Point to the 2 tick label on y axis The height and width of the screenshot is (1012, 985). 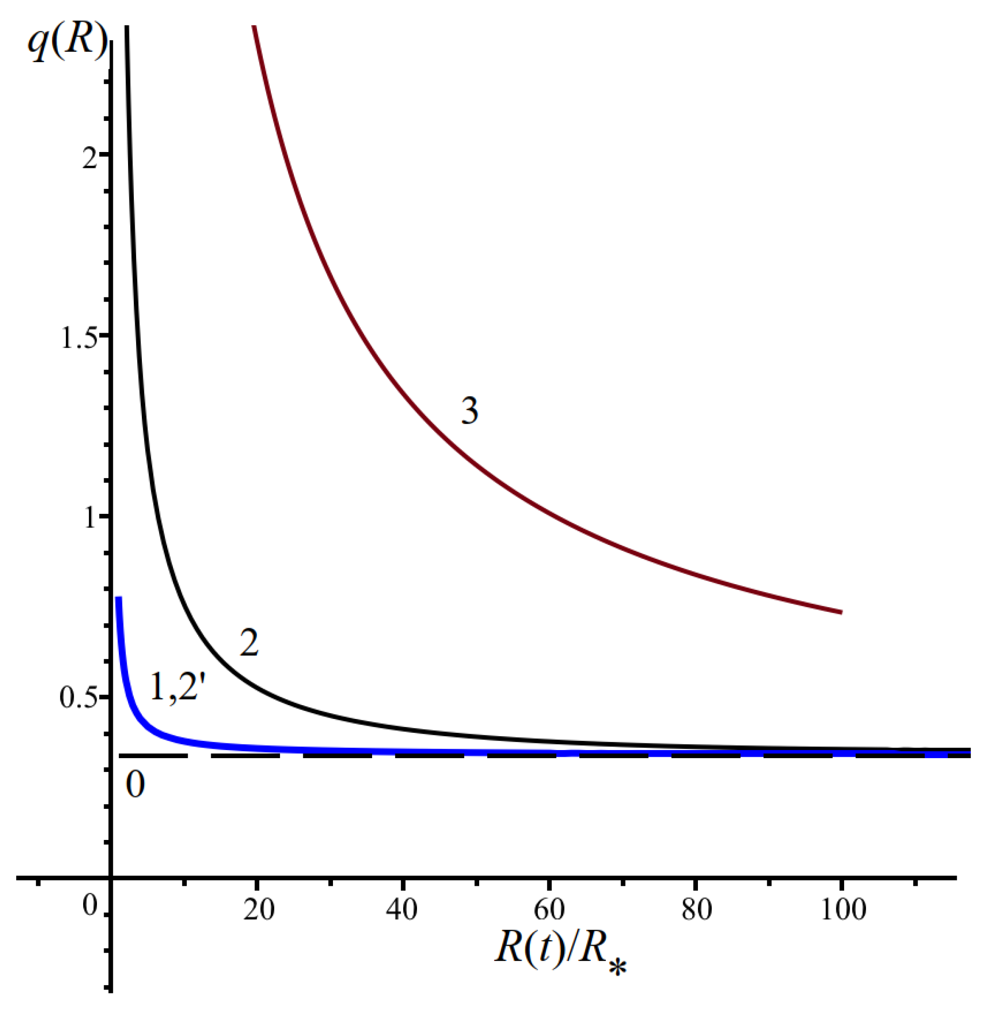[89, 157]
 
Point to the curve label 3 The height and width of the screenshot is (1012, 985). [469, 411]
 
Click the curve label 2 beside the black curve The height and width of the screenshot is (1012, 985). [249, 643]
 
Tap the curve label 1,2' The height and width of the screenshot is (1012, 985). [174, 688]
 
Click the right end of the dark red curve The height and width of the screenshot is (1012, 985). [841, 612]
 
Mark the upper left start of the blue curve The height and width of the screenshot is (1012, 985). [118, 599]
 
